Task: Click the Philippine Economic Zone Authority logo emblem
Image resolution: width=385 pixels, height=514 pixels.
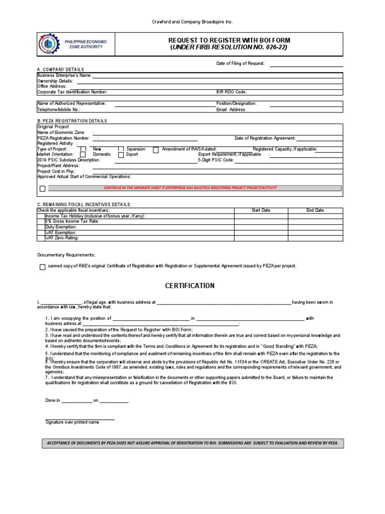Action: (48, 44)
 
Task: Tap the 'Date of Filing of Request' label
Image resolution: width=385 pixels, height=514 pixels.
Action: (240, 64)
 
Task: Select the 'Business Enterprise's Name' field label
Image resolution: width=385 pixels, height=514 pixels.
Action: (64, 75)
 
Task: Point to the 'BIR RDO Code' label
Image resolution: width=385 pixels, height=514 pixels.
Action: (231, 92)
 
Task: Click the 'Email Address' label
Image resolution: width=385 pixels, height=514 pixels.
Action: (231, 109)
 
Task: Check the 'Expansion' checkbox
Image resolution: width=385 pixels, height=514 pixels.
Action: (121, 150)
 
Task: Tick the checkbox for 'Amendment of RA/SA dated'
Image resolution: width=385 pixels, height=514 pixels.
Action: (155, 150)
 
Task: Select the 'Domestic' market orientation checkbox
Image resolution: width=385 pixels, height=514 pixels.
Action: (83, 155)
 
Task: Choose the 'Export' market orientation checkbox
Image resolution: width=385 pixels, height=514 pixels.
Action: (121, 155)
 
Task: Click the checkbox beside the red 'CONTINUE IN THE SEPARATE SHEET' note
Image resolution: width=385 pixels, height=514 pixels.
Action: (43, 189)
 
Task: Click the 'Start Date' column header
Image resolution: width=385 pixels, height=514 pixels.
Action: (261, 210)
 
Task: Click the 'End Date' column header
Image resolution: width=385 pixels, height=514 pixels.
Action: (315, 210)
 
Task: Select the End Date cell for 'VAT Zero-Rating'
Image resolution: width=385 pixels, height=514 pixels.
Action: (315, 238)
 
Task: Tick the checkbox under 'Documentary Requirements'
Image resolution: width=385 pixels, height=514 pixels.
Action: (43, 267)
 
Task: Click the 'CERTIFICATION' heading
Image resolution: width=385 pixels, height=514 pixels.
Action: (190, 286)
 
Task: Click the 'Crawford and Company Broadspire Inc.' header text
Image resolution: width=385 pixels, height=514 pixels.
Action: (192, 22)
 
